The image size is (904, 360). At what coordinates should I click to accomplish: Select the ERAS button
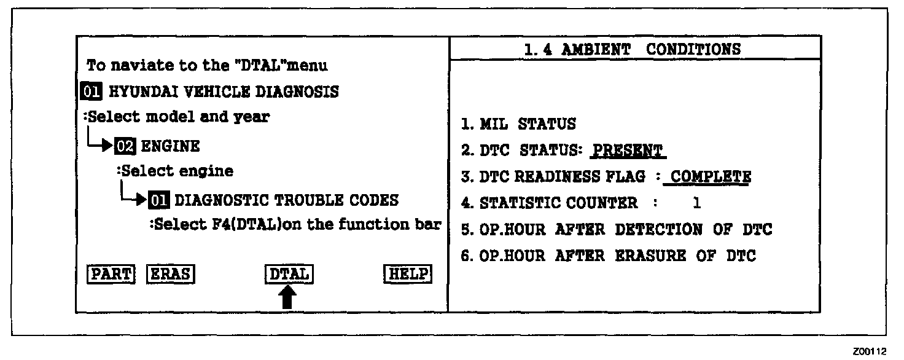click(170, 274)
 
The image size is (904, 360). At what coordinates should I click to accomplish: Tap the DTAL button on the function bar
click(289, 274)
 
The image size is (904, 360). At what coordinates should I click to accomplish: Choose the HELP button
click(407, 274)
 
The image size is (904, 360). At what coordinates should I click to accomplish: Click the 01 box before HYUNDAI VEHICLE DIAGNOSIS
click(92, 92)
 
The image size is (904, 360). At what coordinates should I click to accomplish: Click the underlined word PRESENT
click(628, 151)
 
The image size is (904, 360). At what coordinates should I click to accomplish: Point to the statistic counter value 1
click(696, 203)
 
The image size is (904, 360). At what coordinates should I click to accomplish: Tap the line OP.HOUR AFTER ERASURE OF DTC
click(609, 256)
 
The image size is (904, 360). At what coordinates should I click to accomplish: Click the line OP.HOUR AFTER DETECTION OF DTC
click(617, 230)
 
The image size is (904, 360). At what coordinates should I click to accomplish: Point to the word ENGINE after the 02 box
click(171, 146)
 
